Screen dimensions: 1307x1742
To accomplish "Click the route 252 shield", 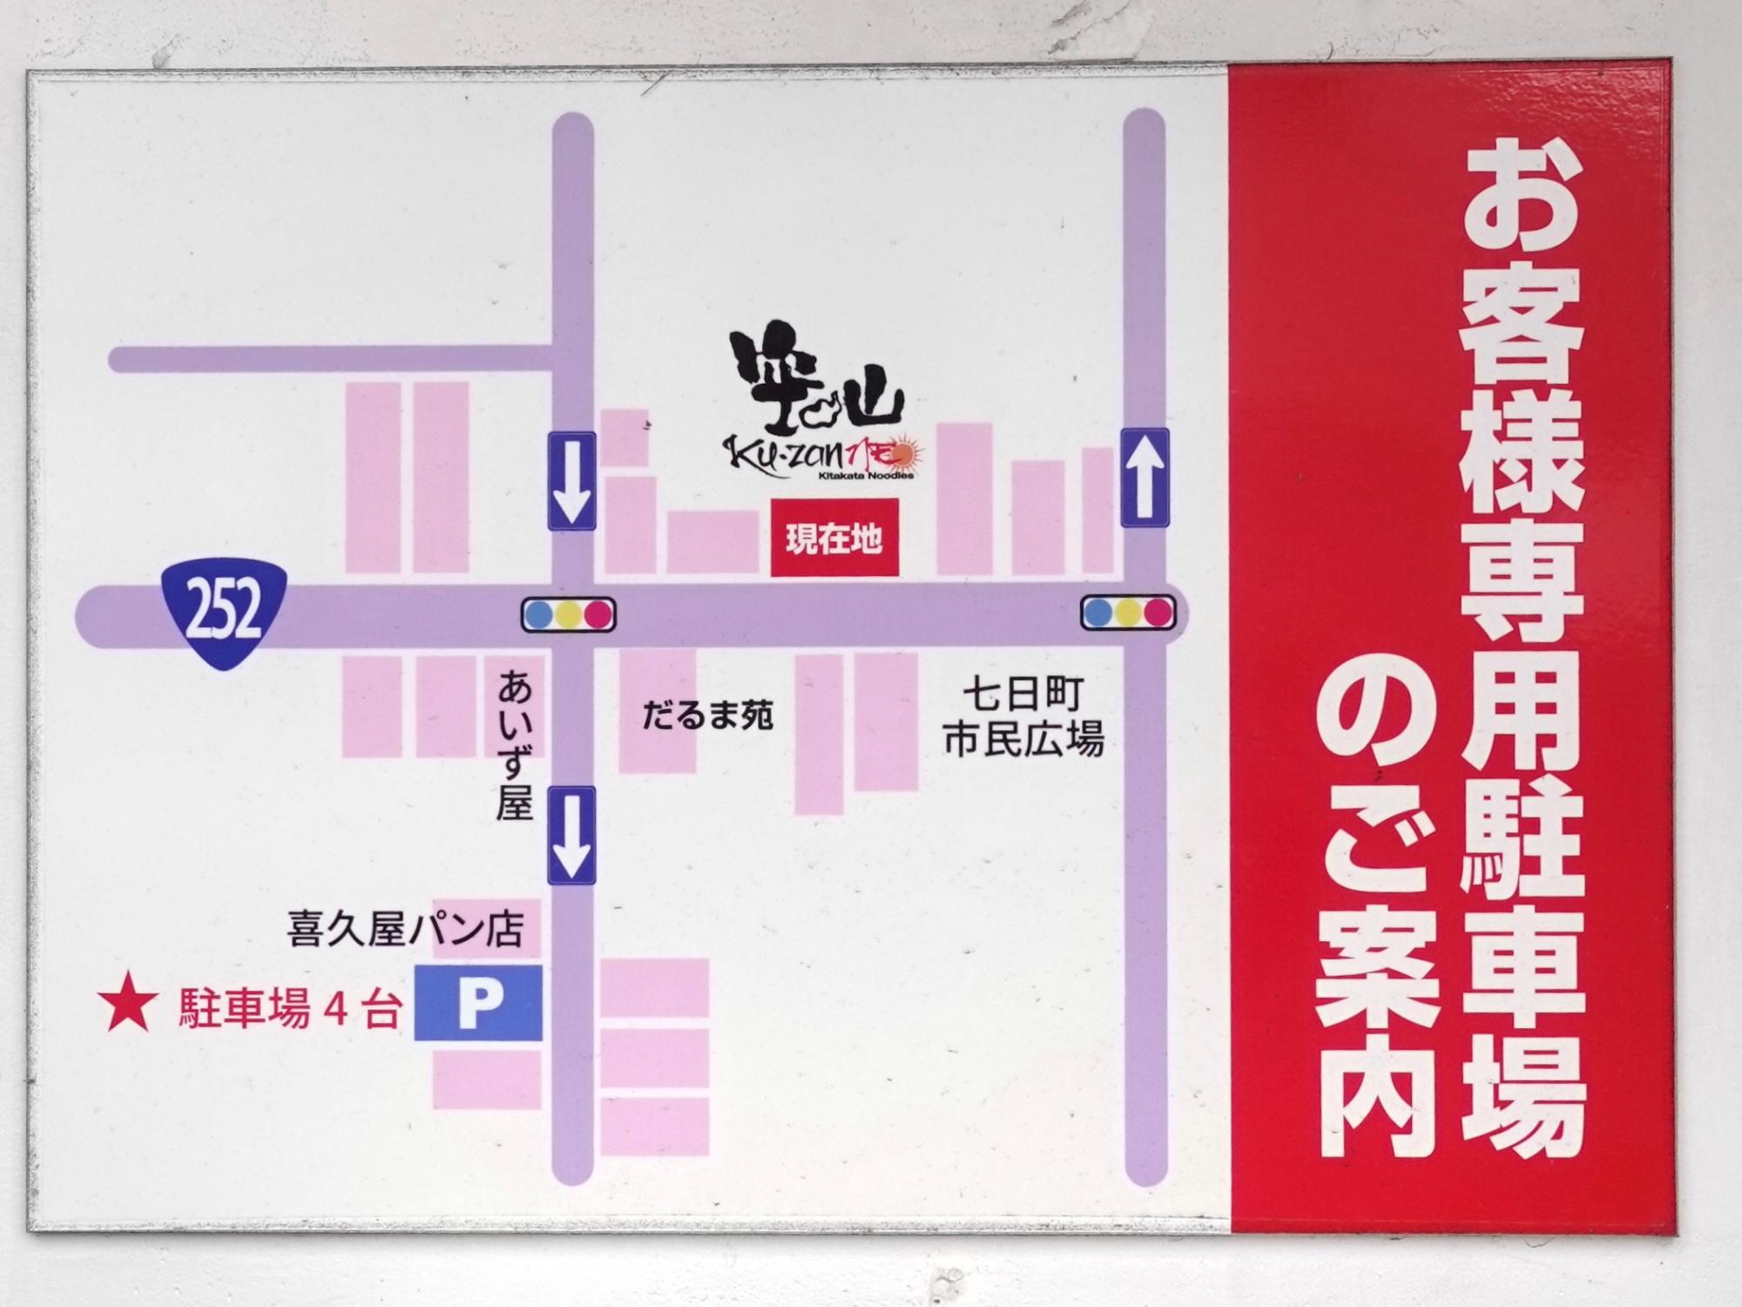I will coord(225,612).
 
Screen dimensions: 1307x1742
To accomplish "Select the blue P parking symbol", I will coord(477,1002).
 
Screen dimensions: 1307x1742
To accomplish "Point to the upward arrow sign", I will coord(1144,477).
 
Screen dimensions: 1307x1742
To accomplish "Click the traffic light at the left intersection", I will coord(568,614).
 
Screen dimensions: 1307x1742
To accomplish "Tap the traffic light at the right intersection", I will coord(1128,613).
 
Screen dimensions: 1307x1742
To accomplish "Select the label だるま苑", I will coord(707,716).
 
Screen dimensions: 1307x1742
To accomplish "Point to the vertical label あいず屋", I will coord(514,746).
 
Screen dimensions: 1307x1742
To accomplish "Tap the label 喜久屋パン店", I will coord(405,930).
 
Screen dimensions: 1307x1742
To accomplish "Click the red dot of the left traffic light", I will coord(598,614).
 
